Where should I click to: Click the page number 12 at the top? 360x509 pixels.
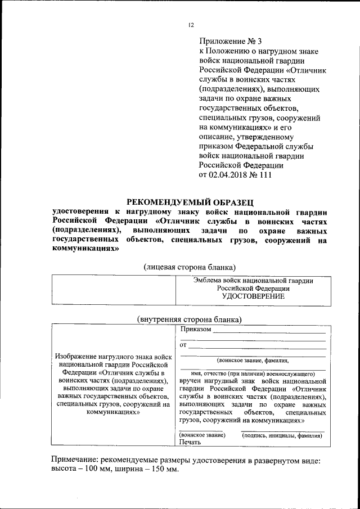[x=191, y=25]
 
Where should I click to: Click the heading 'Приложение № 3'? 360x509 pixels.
[x=231, y=41]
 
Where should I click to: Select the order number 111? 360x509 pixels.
[x=264, y=175]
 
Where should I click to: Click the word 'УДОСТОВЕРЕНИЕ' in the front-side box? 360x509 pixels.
[x=253, y=296]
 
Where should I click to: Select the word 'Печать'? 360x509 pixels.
[x=190, y=443]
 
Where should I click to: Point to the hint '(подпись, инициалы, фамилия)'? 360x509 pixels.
[x=282, y=435]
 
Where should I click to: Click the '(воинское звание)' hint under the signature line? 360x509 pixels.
[x=202, y=435]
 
